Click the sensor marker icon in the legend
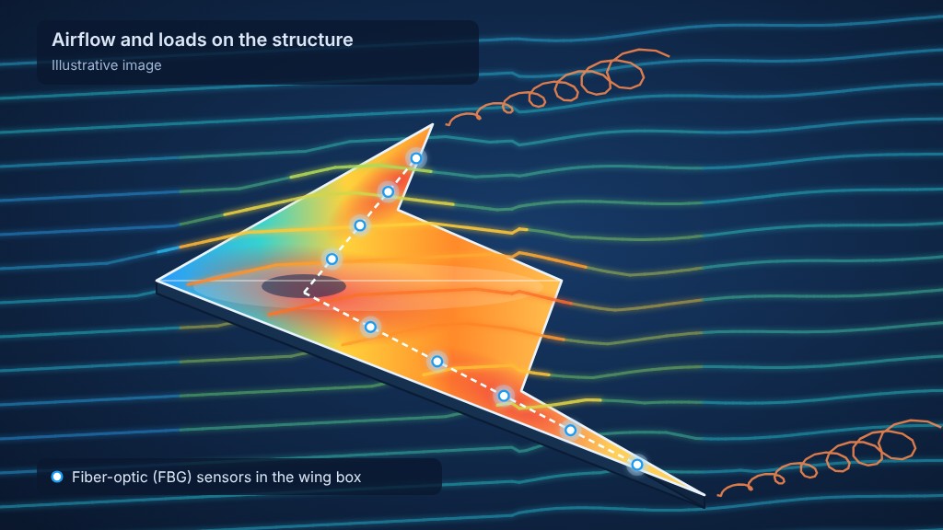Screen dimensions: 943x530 [x=57, y=477]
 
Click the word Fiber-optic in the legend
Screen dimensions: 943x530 [x=111, y=478]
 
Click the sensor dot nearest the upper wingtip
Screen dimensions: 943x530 [x=416, y=158]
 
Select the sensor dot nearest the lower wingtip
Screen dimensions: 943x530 [x=637, y=465]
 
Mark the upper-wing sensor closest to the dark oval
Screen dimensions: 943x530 [x=332, y=259]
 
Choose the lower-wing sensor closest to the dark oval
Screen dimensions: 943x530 [x=370, y=327]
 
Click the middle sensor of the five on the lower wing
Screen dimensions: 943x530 [x=504, y=396]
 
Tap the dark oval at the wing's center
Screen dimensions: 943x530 [x=304, y=286]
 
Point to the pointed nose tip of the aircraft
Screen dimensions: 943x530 [x=157, y=280]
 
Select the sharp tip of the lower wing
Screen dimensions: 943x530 [x=704, y=495]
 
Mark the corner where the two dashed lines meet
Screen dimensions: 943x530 [x=306, y=293]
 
